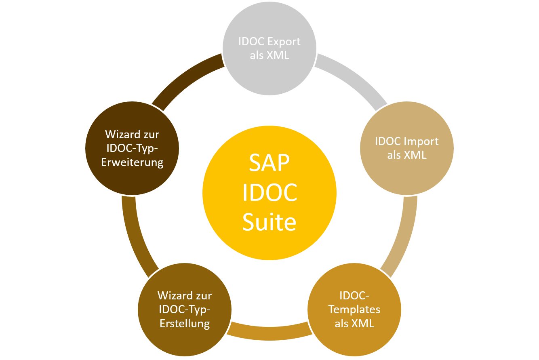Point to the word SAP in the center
pos(269,164)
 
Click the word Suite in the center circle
pos(269,222)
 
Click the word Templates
pos(354,309)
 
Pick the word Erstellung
pos(185,324)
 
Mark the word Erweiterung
pos(132,162)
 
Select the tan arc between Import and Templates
pos(404,234)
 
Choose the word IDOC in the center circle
pos(269,193)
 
